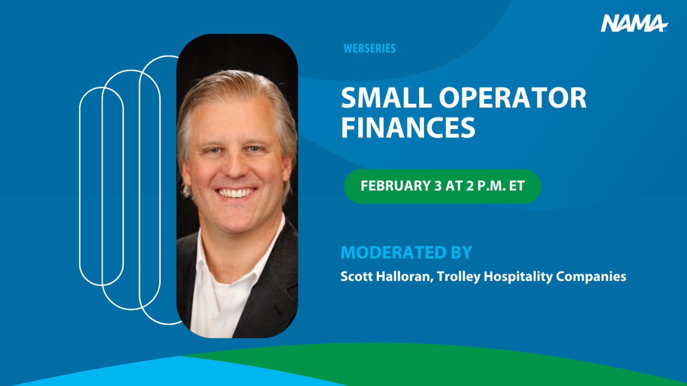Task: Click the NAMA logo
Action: (633, 23)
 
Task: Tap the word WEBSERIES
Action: (369, 48)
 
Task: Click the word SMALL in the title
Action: (386, 98)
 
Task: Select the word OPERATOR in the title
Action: (513, 98)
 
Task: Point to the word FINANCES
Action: (408, 128)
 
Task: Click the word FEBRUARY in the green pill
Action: (395, 186)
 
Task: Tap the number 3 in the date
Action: (438, 186)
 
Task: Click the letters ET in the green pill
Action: (517, 186)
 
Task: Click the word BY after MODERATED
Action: (461, 252)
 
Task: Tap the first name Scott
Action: (356, 276)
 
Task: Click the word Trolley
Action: (458, 277)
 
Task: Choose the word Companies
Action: (591, 277)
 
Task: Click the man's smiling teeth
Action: (236, 193)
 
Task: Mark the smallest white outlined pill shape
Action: (102, 186)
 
